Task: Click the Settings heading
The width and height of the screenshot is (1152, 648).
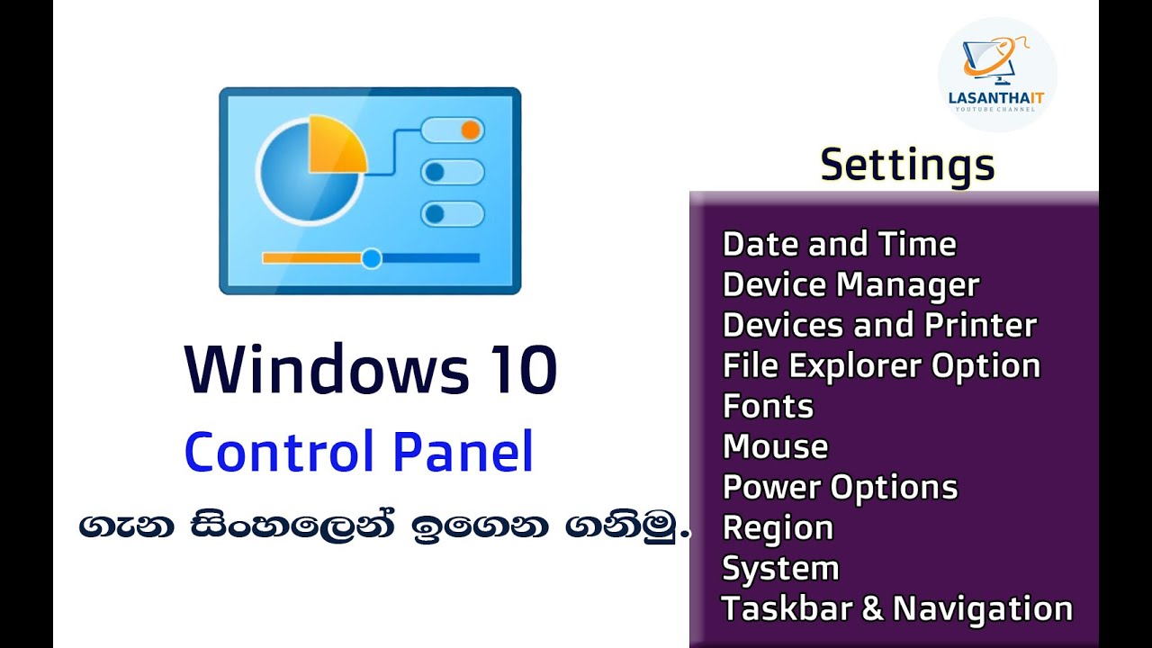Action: (907, 165)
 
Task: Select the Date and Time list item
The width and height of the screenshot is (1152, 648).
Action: (839, 244)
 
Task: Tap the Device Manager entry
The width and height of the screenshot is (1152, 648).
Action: (850, 284)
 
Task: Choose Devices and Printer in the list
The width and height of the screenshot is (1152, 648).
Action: (879, 325)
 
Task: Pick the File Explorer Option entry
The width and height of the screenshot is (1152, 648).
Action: (881, 365)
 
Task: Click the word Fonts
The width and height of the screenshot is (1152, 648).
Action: (768, 406)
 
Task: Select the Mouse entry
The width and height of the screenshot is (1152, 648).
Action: (775, 446)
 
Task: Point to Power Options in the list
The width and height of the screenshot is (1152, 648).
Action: (840, 487)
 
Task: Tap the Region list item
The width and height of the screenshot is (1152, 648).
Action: (778, 527)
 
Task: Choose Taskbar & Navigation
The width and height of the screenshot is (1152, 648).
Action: (896, 608)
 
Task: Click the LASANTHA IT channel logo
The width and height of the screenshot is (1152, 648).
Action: (996, 75)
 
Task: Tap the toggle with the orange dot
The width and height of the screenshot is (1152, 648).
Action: (453, 130)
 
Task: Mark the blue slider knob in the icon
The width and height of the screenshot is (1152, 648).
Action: (371, 259)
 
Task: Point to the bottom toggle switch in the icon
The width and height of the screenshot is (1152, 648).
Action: (453, 214)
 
